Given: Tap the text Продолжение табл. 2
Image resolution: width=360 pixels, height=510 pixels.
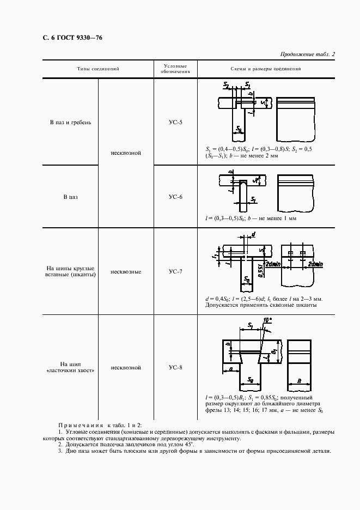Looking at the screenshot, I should coord(307,54).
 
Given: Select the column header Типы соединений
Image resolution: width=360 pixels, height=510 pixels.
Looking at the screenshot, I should coord(98,69).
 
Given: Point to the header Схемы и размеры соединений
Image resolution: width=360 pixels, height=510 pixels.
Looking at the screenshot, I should coord(266,69).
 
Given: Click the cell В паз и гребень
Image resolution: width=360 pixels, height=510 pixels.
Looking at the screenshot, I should coord(70,122).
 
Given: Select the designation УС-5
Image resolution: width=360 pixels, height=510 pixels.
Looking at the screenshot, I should coord(175,122).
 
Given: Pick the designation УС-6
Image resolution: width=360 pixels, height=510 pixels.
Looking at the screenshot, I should coord(175,197).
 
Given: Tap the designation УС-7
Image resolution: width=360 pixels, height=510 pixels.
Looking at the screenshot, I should coord(175,271).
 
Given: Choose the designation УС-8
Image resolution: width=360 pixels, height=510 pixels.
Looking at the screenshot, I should coord(175,367).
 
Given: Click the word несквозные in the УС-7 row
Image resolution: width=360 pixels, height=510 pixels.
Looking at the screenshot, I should coord(126,271).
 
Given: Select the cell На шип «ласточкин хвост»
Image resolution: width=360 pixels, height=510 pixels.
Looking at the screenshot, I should coord(70,367).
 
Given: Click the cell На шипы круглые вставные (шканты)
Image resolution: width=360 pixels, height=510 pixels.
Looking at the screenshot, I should coord(70,271).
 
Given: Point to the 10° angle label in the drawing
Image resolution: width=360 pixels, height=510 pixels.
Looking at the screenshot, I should coord(266,321).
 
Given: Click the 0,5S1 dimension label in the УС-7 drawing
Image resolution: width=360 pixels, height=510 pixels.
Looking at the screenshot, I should coord(261,269).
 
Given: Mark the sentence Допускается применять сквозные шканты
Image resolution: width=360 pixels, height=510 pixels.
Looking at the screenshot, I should coord(261,305).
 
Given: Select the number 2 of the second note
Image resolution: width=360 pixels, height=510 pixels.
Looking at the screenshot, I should coord(59,445).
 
